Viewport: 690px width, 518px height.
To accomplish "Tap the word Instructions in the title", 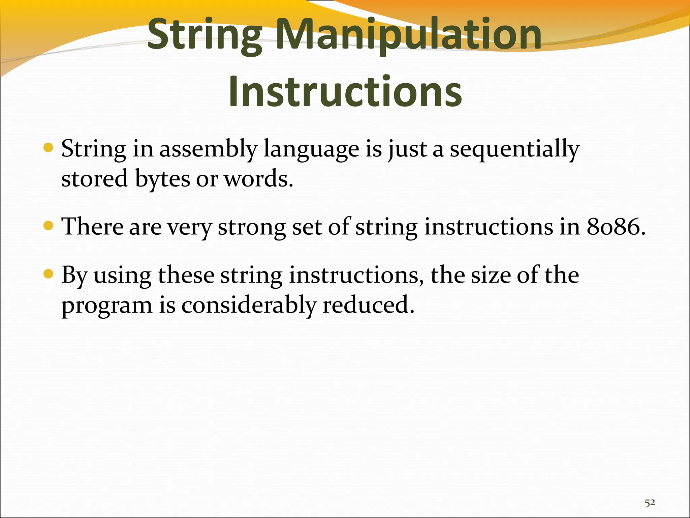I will click(x=345, y=91).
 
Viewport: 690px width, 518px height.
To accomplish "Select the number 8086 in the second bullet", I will click(x=616, y=227).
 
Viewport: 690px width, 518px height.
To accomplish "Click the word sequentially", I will click(x=514, y=149).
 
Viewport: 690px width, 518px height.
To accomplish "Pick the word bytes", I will click(x=162, y=179).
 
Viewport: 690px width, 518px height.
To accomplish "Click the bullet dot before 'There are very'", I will click(x=49, y=225).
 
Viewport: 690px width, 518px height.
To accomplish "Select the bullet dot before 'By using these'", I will click(x=49, y=274).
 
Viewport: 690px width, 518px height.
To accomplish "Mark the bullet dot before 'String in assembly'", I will click(x=49, y=148).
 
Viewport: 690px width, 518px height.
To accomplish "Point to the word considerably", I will click(x=249, y=306).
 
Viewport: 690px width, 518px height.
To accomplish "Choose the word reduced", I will click(x=368, y=305).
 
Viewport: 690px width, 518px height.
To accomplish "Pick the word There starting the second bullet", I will click(x=92, y=227).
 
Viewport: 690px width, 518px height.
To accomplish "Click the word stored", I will click(x=94, y=179).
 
